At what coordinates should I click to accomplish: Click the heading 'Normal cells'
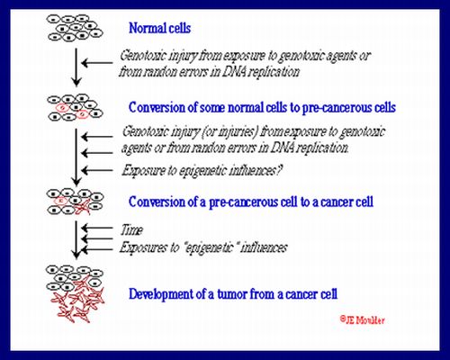click(159, 28)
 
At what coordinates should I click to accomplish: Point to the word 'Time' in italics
click(131, 230)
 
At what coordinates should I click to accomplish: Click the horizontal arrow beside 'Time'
click(97, 229)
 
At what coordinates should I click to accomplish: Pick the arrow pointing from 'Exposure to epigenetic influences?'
click(97, 170)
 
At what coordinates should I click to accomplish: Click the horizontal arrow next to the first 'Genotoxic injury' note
click(97, 63)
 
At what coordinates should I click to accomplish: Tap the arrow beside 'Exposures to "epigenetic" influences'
click(97, 249)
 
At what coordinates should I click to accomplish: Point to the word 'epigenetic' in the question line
click(202, 171)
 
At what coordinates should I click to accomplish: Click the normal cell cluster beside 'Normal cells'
click(75, 28)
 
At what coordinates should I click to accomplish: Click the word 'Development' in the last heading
click(160, 294)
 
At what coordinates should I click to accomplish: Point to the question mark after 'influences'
click(279, 170)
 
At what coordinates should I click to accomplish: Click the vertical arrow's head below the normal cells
click(76, 82)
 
